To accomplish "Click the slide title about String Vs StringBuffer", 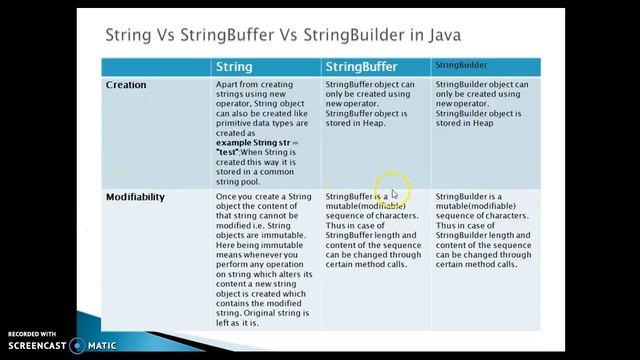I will (x=283, y=36).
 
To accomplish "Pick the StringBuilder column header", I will (x=461, y=65).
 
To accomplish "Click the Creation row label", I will (x=126, y=85).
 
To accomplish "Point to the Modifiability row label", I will (x=135, y=197).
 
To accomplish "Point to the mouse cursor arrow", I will (x=394, y=194).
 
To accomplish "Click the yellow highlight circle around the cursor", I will (x=389, y=185).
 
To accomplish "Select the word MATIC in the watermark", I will (x=104, y=346).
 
